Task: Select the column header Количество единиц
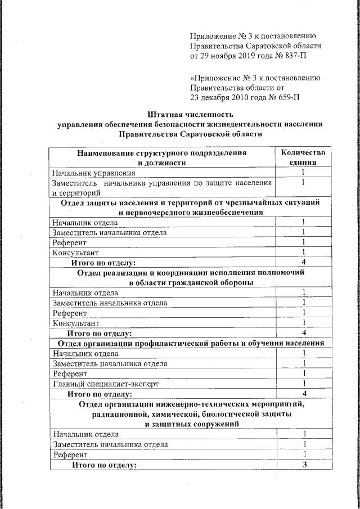coord(303,157)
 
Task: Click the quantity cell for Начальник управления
coord(303,173)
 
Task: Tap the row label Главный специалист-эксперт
coord(105,384)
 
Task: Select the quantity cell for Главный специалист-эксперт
coord(304,384)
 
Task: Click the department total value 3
coord(304,465)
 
